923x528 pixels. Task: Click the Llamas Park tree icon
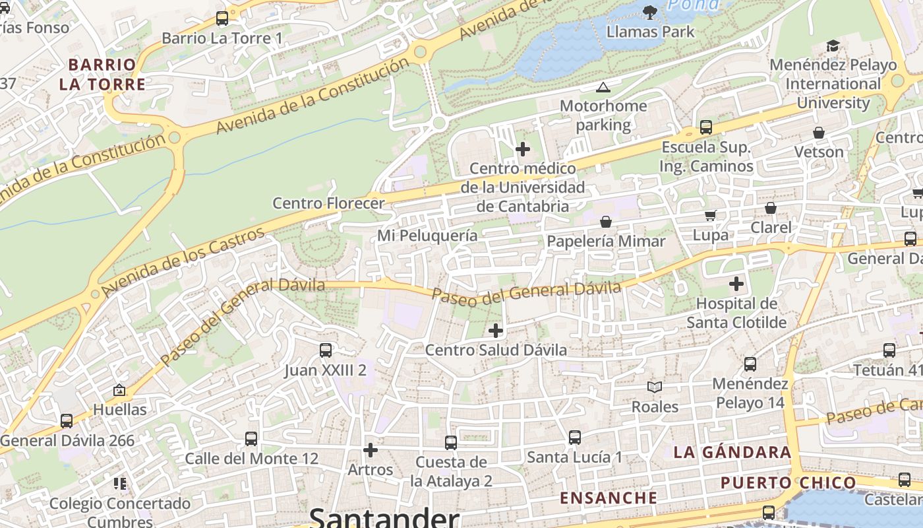coord(650,11)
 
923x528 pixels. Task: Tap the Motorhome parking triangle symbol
coord(603,87)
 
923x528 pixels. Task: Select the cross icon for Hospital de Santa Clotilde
coord(736,284)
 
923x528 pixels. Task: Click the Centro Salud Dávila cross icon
coord(496,331)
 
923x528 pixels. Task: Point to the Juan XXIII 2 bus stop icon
coord(325,350)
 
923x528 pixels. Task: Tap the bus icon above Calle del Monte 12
coord(251,439)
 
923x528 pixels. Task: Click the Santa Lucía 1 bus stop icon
coord(574,437)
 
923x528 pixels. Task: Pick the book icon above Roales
coord(654,387)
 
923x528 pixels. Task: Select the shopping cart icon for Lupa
coord(710,215)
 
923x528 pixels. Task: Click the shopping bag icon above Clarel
coord(770,209)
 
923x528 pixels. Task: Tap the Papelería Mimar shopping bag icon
coord(605,222)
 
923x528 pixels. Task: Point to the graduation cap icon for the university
coord(833,46)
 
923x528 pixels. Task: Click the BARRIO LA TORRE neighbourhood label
coord(102,75)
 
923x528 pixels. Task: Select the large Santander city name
coord(384,517)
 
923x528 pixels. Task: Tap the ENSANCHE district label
coord(609,498)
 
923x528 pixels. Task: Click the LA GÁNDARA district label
coord(732,452)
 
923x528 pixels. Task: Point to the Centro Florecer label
coord(328,203)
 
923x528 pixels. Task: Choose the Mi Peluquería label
coord(427,236)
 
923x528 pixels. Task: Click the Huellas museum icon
coord(119,391)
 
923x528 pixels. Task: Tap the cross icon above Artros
coord(371,450)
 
